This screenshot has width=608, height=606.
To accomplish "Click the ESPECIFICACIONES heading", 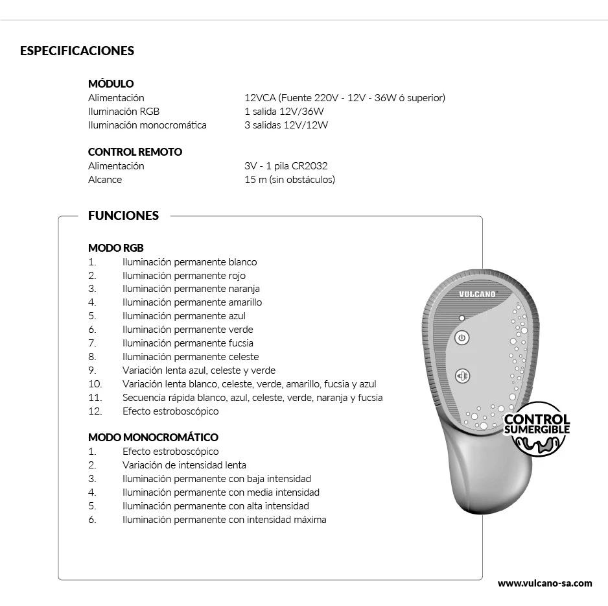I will tap(77, 51).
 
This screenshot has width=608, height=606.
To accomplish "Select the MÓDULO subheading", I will tap(111, 84).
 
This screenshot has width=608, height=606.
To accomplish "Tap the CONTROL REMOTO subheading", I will tap(135, 152).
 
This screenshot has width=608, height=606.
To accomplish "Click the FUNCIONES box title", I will tap(123, 215).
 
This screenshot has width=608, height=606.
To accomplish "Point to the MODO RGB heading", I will tap(116, 248).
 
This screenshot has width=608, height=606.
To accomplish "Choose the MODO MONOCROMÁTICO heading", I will tap(153, 437).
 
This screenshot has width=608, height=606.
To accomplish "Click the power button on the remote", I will tap(462, 337).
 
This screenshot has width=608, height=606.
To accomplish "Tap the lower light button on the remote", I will tap(462, 376).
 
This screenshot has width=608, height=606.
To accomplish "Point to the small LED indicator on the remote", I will tap(462, 319).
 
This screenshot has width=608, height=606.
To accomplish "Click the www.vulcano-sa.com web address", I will tap(544, 583).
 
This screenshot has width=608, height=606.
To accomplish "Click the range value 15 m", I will tap(255, 180).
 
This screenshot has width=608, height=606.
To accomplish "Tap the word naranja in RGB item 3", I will tap(244, 289).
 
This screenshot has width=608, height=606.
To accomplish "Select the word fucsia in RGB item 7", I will tap(240, 343).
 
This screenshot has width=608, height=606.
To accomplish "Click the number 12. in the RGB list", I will tap(95, 411).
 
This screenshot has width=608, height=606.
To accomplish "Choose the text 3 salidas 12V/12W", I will tap(286, 125).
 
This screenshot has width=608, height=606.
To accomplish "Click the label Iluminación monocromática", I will tap(147, 125).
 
